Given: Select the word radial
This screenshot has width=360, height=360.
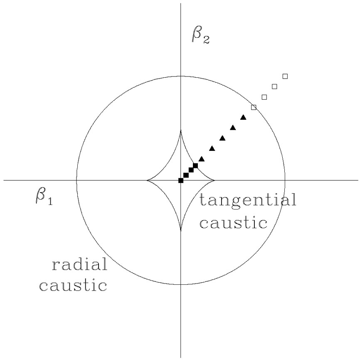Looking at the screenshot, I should point(79,264).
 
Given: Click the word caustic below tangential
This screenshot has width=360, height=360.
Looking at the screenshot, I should point(233,223).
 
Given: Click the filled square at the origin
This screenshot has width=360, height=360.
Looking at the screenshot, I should point(181,180).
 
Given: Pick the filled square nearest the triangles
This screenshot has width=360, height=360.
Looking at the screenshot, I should point(195,165).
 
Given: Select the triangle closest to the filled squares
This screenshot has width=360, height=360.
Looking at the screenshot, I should point(202,159).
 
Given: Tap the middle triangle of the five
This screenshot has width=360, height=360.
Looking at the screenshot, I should point(222,138).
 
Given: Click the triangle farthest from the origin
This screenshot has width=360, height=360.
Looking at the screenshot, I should point(243,117).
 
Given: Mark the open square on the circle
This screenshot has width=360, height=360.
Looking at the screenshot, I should point(254,107).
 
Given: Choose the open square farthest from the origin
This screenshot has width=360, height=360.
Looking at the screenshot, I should point(285,76).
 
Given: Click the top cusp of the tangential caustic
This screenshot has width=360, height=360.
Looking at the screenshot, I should point(181,131).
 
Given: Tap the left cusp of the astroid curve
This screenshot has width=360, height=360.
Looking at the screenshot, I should point(148,180).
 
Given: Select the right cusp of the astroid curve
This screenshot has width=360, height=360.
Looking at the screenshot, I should point(214,180).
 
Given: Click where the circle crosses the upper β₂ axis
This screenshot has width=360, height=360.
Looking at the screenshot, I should point(181,76).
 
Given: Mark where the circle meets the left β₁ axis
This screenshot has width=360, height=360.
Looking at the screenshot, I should point(76,180).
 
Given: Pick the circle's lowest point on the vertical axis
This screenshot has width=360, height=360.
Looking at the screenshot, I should point(181,284).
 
